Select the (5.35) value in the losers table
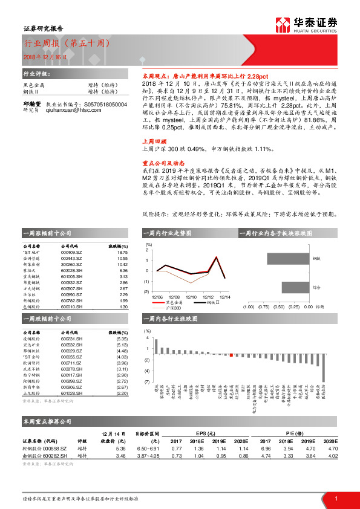122,340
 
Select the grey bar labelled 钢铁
287,258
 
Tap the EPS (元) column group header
209,433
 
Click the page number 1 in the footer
336,499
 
